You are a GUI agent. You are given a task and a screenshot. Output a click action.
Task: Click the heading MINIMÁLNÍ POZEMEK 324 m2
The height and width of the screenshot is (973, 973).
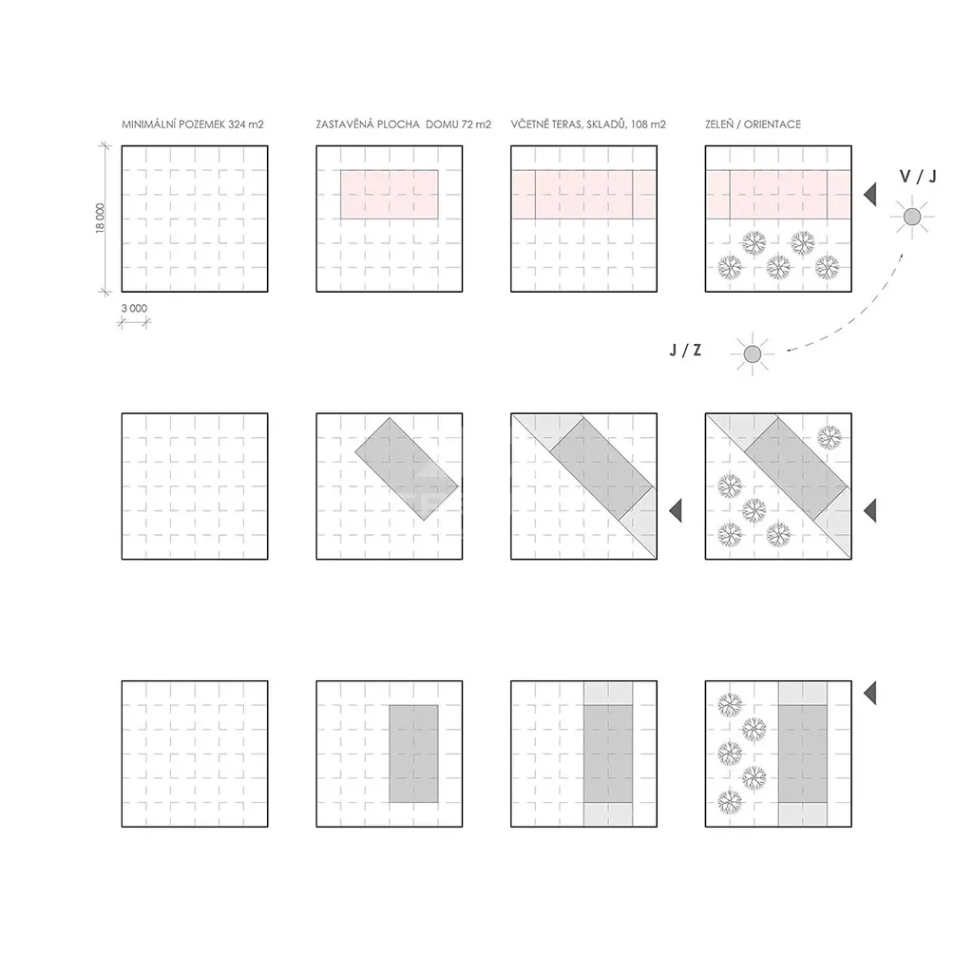click(x=192, y=124)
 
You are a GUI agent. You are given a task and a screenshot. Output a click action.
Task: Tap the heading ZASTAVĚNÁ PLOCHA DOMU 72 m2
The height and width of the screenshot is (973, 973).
click(x=403, y=124)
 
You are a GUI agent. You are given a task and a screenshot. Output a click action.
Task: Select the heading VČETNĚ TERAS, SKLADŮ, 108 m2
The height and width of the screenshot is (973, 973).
click(x=588, y=124)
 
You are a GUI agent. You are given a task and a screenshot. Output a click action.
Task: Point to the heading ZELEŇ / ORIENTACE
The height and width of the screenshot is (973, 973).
click(x=753, y=124)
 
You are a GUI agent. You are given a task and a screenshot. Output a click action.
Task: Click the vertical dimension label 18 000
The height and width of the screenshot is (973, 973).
click(x=100, y=218)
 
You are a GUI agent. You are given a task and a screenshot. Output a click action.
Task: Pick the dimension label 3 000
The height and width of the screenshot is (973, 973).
click(x=134, y=308)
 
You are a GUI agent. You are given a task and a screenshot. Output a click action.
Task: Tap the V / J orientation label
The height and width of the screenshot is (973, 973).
click(x=918, y=176)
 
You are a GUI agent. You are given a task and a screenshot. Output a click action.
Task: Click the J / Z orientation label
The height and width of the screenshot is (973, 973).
click(x=685, y=350)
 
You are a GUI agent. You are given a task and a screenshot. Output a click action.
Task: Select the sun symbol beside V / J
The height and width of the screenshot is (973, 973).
click(x=912, y=217)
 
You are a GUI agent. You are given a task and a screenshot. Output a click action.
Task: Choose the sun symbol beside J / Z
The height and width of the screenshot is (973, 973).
click(x=753, y=354)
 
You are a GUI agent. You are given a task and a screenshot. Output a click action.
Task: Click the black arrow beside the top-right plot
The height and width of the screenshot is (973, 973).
click(x=870, y=194)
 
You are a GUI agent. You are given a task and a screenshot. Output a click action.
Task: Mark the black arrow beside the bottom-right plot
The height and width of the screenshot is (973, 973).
click(x=870, y=693)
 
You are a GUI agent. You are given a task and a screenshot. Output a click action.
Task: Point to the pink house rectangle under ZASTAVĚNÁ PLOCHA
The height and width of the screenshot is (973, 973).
click(x=389, y=194)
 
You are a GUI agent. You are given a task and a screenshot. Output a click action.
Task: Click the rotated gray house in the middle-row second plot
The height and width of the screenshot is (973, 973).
click(x=407, y=468)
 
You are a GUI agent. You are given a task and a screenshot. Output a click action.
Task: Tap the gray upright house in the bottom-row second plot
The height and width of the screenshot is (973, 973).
click(x=414, y=754)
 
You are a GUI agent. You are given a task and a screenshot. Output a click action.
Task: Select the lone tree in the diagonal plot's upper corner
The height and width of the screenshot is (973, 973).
click(x=830, y=437)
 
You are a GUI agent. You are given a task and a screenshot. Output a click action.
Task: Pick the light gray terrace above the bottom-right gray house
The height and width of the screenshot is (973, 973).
click(x=803, y=693)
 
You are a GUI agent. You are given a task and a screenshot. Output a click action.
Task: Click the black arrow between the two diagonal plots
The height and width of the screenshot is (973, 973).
click(x=676, y=510)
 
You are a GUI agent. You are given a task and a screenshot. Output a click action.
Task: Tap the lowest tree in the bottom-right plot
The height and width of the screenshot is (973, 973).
click(x=730, y=802)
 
